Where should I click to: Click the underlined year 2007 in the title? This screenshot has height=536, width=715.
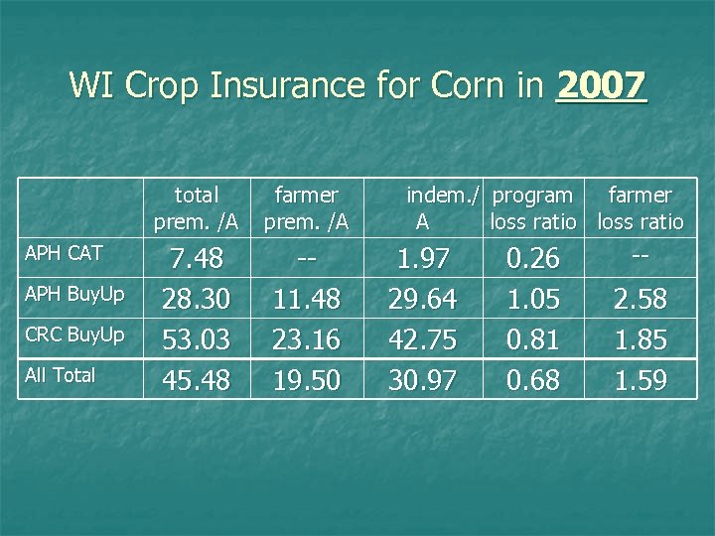(602, 85)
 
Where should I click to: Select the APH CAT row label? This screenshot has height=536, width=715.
(64, 253)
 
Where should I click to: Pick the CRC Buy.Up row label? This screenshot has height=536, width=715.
(74, 335)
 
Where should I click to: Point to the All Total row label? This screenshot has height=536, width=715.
(61, 375)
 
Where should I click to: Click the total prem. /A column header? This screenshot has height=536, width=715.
(196, 208)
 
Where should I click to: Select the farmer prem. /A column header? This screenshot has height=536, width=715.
(306, 208)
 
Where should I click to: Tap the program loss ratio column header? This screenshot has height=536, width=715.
(533, 208)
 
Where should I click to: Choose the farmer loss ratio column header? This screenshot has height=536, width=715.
(641, 208)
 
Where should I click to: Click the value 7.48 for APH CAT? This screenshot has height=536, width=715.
(196, 259)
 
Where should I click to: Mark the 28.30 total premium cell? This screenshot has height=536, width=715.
(196, 299)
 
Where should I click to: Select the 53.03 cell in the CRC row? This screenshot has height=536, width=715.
(196, 339)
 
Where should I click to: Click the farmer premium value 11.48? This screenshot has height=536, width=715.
(306, 299)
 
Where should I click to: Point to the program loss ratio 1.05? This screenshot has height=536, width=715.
(533, 299)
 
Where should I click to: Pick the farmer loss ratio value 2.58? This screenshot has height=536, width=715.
(641, 299)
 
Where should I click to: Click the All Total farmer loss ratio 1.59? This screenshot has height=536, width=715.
(641, 380)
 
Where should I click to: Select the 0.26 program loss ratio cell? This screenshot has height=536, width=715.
(533, 259)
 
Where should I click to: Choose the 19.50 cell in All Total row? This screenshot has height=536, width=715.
(306, 380)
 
